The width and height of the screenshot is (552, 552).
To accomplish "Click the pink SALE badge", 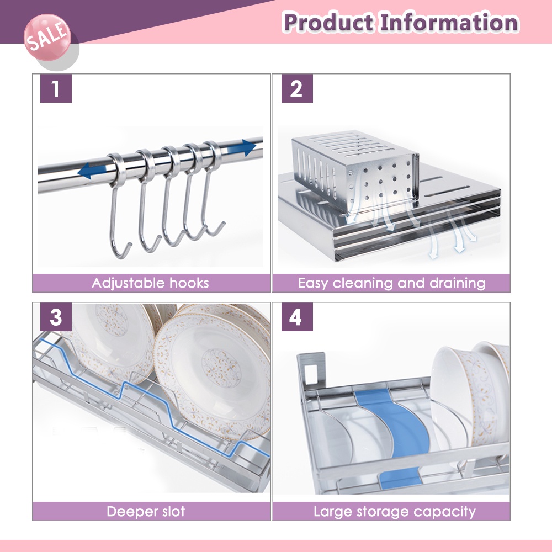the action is tap(47, 38).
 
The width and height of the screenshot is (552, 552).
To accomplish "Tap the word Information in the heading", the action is tap(448, 23).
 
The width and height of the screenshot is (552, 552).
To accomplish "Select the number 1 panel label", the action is tap(55, 88).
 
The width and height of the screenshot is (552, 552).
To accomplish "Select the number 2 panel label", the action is tap(296, 88).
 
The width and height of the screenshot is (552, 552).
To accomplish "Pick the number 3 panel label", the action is tap(55, 317).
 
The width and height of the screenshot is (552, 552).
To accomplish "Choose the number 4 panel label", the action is tap(296, 317).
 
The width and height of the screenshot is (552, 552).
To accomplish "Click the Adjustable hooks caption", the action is tap(151, 283).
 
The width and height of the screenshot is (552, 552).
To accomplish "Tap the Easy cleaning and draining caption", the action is tap(391, 283).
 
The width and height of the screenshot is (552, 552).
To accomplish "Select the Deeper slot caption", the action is tap(146, 511).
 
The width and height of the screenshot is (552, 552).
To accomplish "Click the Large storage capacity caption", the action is tap(394, 511).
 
